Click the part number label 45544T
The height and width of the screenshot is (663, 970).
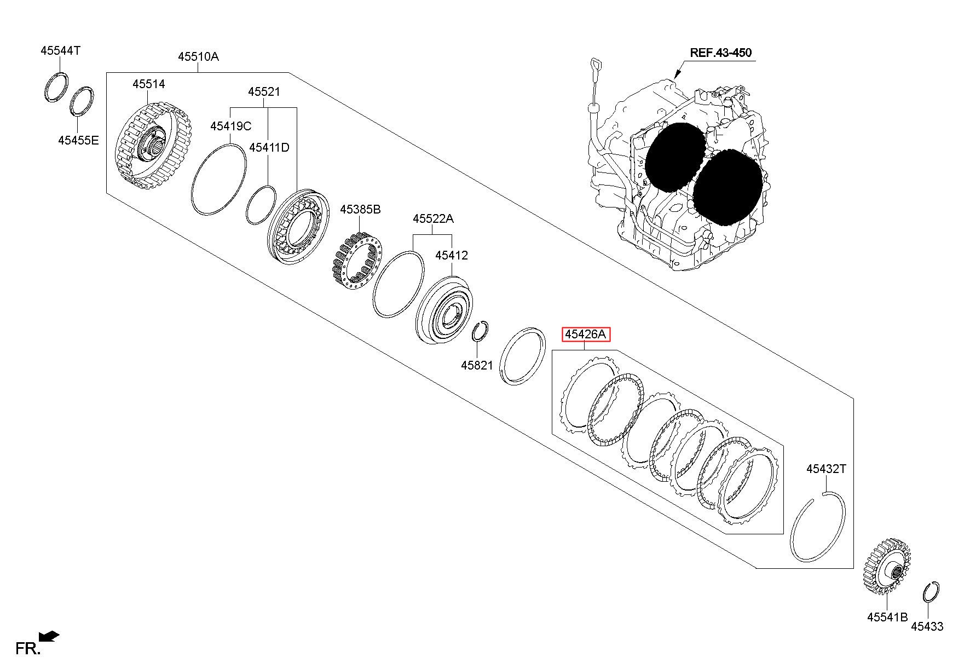tap(60, 51)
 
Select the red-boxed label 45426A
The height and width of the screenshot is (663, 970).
tap(586, 334)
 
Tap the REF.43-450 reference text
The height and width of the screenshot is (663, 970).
tap(720, 53)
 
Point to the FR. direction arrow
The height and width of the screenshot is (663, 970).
tap(51, 636)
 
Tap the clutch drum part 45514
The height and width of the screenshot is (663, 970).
tap(153, 145)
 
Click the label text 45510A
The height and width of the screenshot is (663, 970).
tap(198, 56)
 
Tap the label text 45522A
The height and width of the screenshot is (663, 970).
tap(433, 219)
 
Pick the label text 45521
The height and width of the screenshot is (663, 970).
tap(264, 92)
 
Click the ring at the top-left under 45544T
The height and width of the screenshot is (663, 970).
tap(56, 87)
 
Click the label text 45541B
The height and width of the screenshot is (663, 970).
tap(887, 617)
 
